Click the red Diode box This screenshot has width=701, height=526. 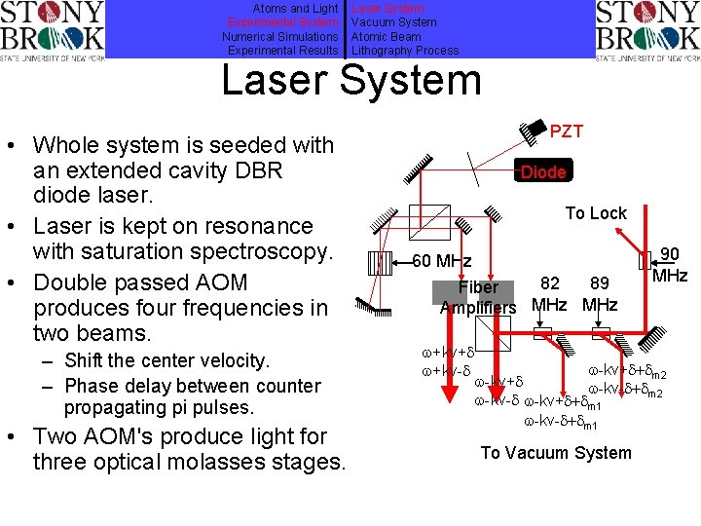pyautogui.click(x=543, y=172)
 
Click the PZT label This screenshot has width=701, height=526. pyautogui.click(x=567, y=131)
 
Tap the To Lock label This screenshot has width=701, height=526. pyautogui.click(x=596, y=213)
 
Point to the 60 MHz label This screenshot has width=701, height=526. pyautogui.click(x=442, y=261)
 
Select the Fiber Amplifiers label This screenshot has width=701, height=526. pyautogui.click(x=478, y=297)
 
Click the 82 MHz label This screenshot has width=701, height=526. pyautogui.click(x=550, y=293)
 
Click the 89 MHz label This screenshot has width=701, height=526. pyautogui.click(x=600, y=293)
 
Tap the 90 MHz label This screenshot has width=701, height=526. pyautogui.click(x=670, y=265)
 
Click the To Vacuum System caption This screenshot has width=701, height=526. pyautogui.click(x=556, y=452)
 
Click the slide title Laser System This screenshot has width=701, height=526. pyautogui.click(x=351, y=80)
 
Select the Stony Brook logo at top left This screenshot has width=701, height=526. pyautogui.click(x=53, y=30)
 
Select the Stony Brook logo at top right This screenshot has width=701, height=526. pyautogui.click(x=646, y=30)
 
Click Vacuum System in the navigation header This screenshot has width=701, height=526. pyautogui.click(x=393, y=22)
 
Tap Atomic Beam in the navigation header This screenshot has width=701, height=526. pyautogui.click(x=387, y=36)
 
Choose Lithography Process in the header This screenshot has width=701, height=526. pyautogui.click(x=404, y=51)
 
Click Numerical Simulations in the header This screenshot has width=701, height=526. pyautogui.click(x=279, y=36)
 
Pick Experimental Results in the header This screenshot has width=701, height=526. pyautogui.click(x=282, y=51)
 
